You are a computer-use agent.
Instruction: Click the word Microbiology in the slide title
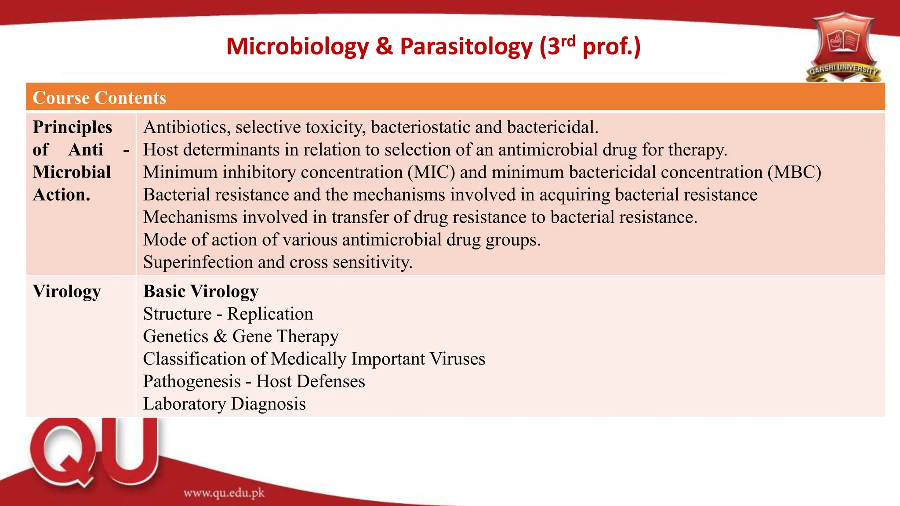click(x=298, y=47)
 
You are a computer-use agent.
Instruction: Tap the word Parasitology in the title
click(x=466, y=47)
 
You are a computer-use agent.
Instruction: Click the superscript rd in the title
click(x=568, y=41)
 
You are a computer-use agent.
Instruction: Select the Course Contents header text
click(x=99, y=98)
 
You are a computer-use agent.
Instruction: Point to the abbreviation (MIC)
click(x=431, y=172)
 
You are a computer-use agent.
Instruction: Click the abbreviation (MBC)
click(x=794, y=172)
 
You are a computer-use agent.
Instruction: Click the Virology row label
click(x=67, y=292)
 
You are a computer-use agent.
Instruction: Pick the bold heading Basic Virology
click(x=201, y=292)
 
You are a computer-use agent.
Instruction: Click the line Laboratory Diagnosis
click(x=224, y=404)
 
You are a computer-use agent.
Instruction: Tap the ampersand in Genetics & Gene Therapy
click(x=220, y=336)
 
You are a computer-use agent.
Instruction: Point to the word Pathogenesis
click(x=192, y=382)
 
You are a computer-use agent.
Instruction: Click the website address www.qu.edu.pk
click(x=224, y=493)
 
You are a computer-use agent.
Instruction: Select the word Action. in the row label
click(x=62, y=195)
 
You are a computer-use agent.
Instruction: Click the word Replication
click(x=270, y=314)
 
